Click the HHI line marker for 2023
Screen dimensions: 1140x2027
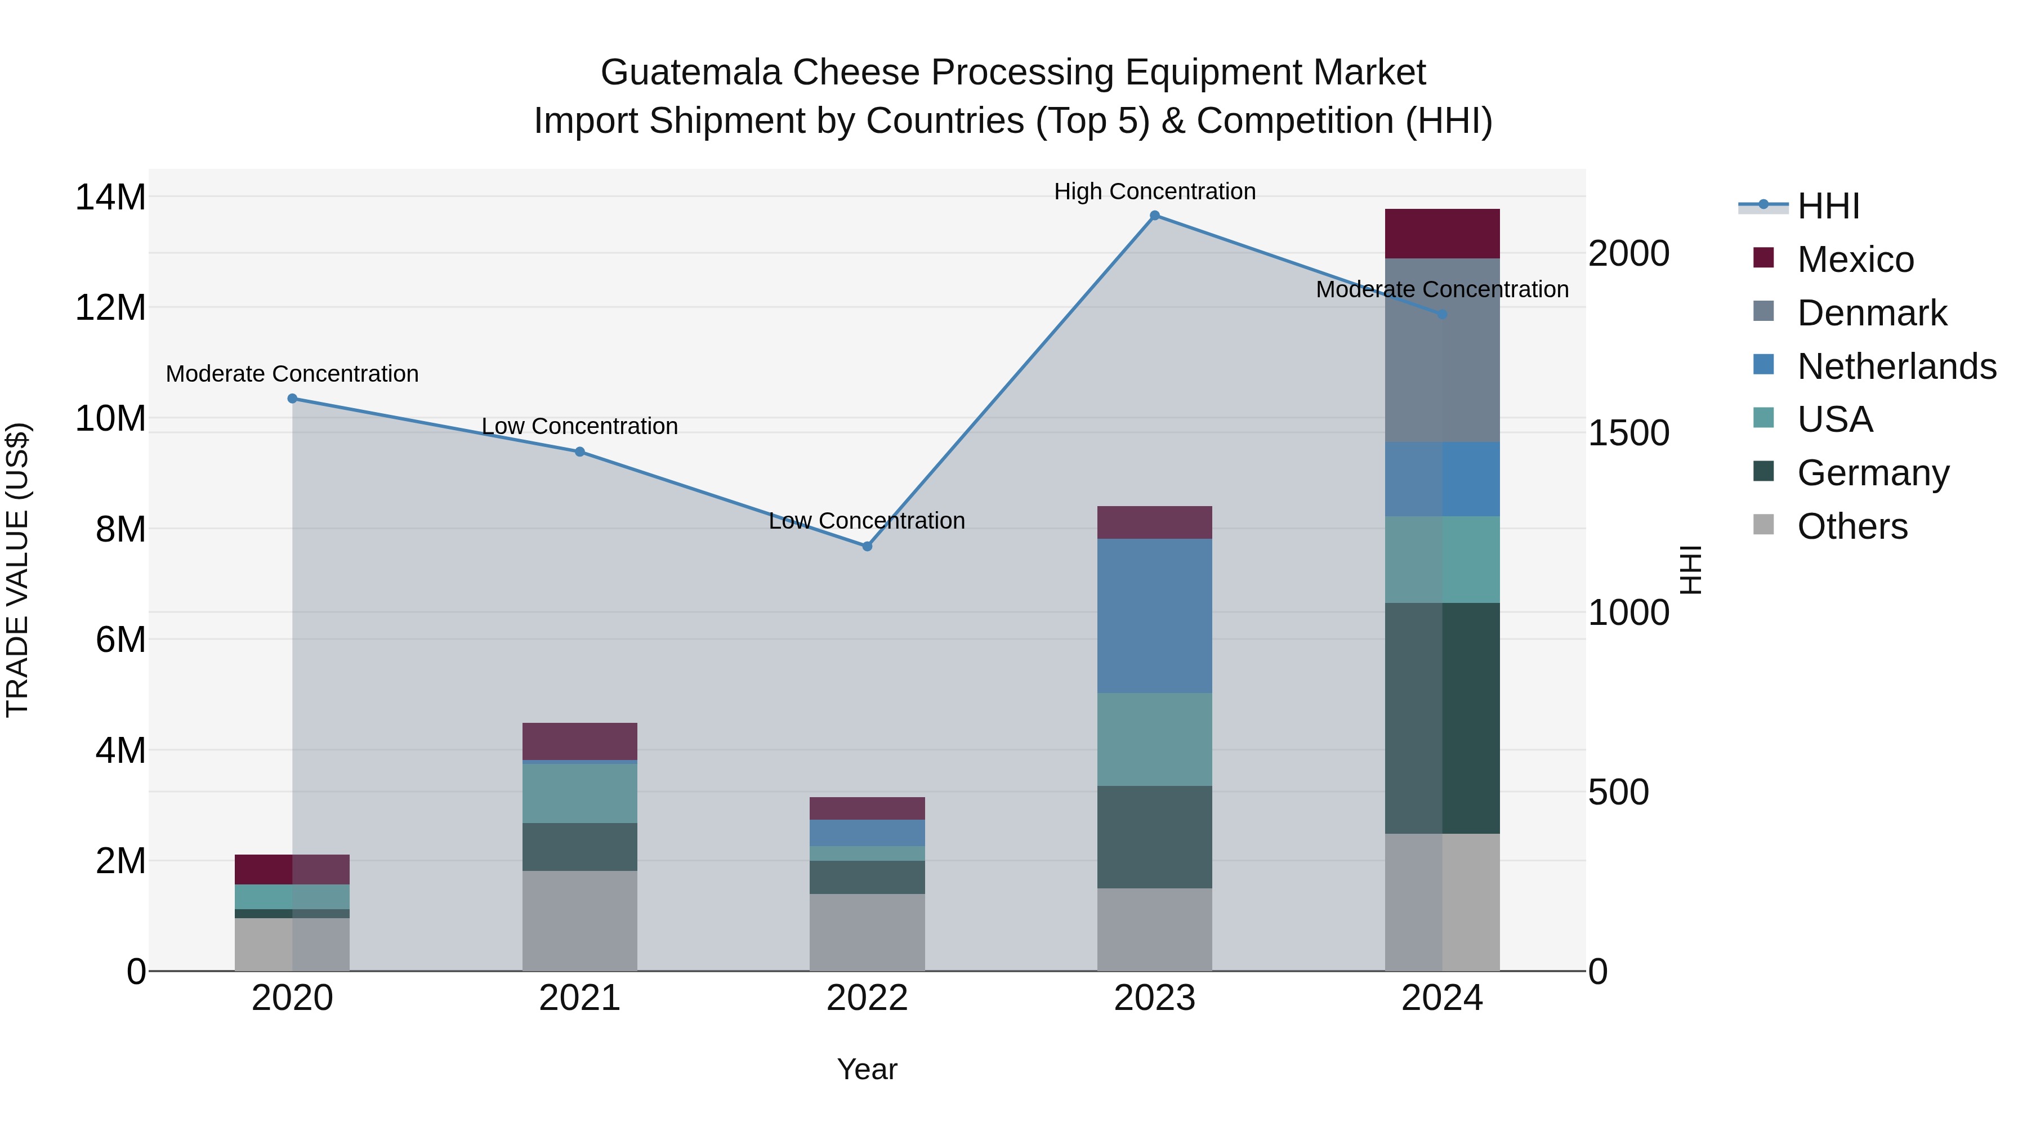(x=1154, y=216)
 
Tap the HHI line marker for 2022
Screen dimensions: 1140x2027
(x=867, y=546)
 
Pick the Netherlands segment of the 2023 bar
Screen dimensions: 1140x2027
(x=1154, y=615)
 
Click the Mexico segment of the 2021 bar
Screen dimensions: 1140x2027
(x=580, y=741)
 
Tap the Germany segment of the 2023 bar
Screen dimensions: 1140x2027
(x=1154, y=837)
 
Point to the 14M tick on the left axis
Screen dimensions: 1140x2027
(x=110, y=196)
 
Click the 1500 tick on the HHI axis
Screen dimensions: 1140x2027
(x=1628, y=433)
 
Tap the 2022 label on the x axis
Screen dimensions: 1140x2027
(x=867, y=998)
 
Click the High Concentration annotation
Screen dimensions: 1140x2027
(x=1154, y=191)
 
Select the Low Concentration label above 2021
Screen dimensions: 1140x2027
(x=580, y=426)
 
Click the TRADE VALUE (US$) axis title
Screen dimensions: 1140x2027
(x=17, y=570)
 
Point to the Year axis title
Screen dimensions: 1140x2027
(x=867, y=1069)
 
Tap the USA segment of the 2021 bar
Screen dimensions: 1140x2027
(x=580, y=793)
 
